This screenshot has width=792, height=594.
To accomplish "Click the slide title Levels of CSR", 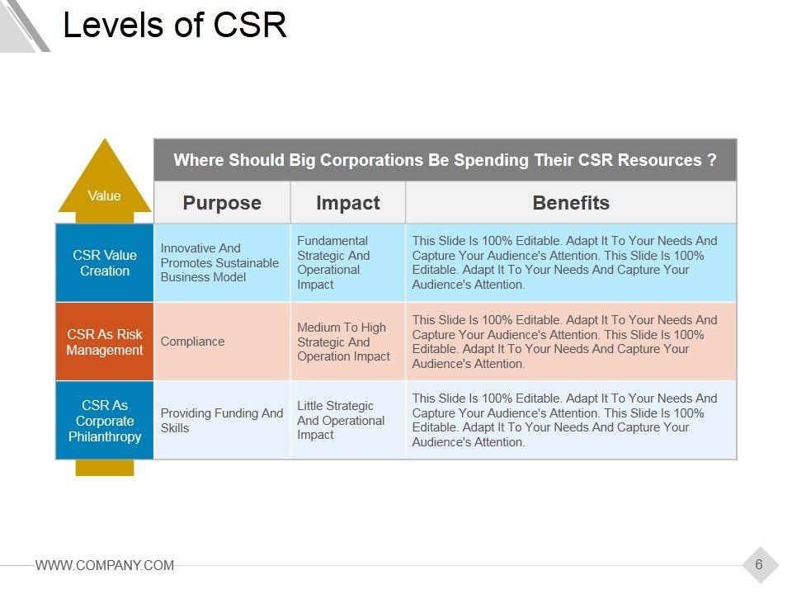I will point(175,26).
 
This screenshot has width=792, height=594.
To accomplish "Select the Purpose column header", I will point(222,203).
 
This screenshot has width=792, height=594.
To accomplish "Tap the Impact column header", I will point(348,203).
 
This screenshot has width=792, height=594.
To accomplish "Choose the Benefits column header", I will point(571,203).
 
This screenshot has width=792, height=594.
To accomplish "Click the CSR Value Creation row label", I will point(105,263).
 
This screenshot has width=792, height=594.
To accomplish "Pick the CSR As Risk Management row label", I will point(105,342).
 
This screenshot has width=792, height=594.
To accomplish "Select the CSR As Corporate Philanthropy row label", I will point(105,421).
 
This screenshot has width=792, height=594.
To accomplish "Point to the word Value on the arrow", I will point(104,196).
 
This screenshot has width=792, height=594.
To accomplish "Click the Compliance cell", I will point(192,342).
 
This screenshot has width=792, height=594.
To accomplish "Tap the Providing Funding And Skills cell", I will point(221,421).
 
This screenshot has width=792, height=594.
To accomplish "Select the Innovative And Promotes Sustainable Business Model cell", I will point(219,262).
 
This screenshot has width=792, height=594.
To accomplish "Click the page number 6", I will point(759,565).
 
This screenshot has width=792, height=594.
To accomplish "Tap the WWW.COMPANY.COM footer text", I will point(105,565).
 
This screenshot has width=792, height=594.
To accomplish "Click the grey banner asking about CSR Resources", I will point(445,160).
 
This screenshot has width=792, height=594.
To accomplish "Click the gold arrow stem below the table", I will point(104,468).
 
